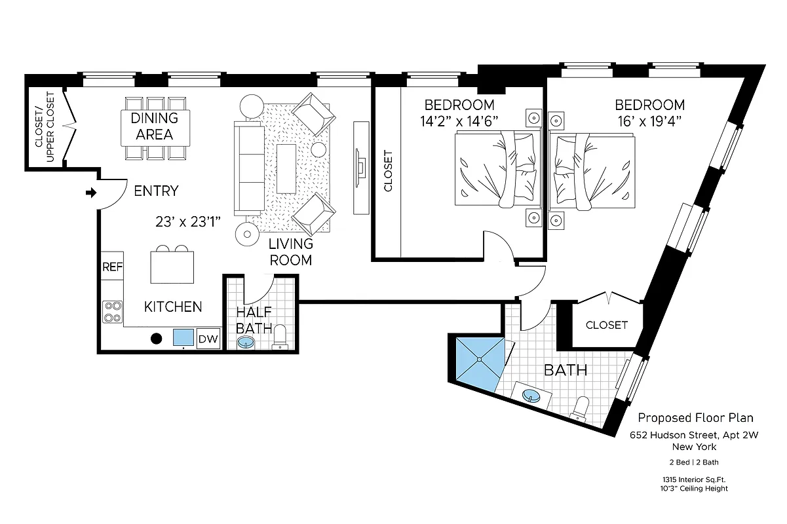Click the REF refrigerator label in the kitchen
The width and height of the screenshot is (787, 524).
[112, 267]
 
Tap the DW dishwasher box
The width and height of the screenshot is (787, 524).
[208, 338]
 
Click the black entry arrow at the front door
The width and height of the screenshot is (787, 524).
[91, 193]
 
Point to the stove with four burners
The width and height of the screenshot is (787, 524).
[112, 311]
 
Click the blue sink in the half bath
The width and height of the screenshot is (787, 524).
[247, 342]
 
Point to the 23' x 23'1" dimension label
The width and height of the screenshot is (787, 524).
[187, 222]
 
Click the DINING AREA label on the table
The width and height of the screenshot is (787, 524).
[155, 126]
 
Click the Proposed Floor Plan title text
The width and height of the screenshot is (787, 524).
[695, 418]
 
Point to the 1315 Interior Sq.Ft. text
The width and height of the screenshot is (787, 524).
[695, 479]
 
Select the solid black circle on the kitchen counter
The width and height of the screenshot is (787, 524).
[157, 339]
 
